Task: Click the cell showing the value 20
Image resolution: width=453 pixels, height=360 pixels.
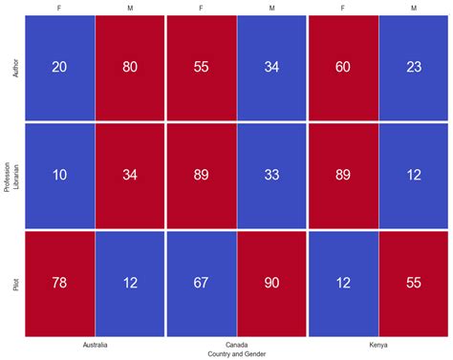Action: point(60,67)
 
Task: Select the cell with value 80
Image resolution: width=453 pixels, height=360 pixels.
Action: point(130,67)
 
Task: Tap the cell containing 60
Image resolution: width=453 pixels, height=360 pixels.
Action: point(343,67)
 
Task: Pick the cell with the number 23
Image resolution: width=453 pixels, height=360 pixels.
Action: point(414,67)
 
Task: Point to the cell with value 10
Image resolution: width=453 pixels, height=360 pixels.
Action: point(60,175)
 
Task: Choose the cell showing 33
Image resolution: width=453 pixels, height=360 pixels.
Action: point(272,175)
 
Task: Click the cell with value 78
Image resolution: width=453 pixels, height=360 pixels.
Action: point(60,283)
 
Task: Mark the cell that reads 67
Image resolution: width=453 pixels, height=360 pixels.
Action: point(202,283)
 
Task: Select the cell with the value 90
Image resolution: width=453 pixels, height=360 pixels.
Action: point(272,283)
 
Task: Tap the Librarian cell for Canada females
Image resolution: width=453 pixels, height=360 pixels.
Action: point(202,175)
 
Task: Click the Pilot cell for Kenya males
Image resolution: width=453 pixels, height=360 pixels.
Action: point(414,283)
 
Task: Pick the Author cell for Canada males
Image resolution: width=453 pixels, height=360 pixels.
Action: point(272,67)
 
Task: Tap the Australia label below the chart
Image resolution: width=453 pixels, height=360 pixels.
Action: point(95,344)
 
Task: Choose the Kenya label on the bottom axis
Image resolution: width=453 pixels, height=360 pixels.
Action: point(378,344)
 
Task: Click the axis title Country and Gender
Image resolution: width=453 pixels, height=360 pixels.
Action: point(237,353)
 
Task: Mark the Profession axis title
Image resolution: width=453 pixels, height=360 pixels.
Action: point(7,175)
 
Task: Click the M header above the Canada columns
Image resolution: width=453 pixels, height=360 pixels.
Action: point(272,8)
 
